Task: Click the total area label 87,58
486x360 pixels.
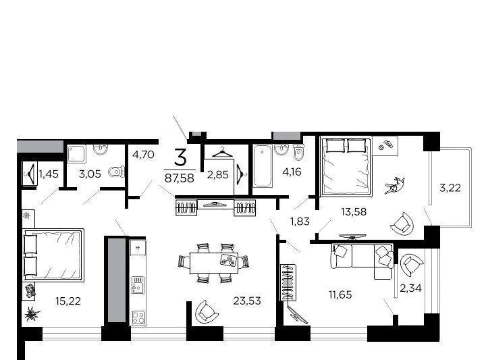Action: click(x=180, y=178)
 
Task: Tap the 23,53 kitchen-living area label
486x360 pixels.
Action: click(x=247, y=301)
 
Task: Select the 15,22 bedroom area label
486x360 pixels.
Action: click(x=68, y=301)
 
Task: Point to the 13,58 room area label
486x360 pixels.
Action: click(x=354, y=212)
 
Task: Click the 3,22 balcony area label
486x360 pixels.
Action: click(x=450, y=188)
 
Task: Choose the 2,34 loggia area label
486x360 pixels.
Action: click(x=410, y=288)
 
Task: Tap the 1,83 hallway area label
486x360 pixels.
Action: click(x=300, y=221)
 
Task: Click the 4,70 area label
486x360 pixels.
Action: click(x=143, y=154)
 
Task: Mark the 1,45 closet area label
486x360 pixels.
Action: click(x=49, y=174)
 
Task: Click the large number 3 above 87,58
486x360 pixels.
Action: click(x=180, y=157)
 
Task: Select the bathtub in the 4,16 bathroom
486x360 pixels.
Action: click(x=263, y=166)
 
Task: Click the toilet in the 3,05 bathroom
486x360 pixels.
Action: click(x=116, y=172)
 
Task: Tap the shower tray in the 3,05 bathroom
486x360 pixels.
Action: click(x=76, y=154)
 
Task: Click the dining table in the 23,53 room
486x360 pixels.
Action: click(x=214, y=263)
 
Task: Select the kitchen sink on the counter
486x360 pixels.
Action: click(x=138, y=285)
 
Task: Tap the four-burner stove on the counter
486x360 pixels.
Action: click(x=138, y=317)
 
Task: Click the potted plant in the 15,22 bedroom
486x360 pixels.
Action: click(x=32, y=313)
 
